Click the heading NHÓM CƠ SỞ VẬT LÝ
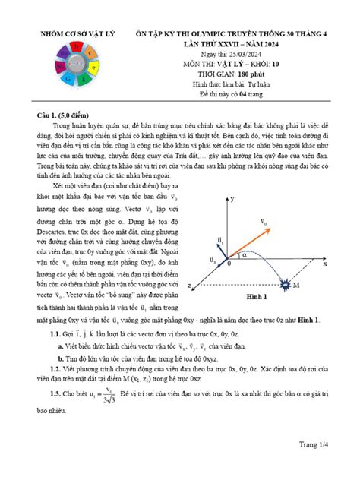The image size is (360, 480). point(72,36)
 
